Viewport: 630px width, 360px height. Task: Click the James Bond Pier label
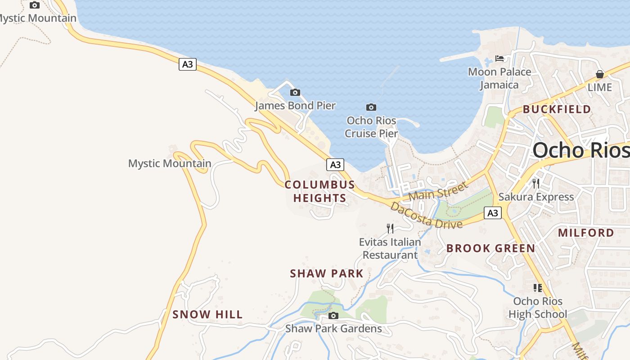tap(295, 106)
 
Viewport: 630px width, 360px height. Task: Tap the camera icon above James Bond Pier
tap(295, 93)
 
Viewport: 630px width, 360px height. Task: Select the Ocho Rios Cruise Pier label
tap(372, 127)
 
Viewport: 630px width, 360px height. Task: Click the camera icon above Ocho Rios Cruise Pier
tap(371, 107)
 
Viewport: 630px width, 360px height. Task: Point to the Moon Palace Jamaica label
tap(499, 78)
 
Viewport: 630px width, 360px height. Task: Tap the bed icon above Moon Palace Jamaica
tap(499, 58)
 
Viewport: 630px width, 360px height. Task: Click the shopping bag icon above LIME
tap(600, 74)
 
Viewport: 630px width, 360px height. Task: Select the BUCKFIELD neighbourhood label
tap(557, 109)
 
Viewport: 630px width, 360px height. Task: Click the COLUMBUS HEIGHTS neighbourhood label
tap(320, 191)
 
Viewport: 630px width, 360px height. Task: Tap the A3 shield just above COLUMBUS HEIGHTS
tap(335, 165)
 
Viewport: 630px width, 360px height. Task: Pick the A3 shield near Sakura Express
tap(493, 213)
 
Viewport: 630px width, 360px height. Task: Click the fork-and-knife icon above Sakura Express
tap(536, 184)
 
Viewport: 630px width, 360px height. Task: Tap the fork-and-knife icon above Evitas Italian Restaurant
tap(390, 229)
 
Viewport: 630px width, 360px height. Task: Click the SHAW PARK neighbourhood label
tap(327, 274)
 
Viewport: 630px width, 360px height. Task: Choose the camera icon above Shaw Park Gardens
tap(333, 315)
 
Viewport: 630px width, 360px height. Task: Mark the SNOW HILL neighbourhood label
tap(207, 315)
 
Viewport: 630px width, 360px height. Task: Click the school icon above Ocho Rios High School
tap(537, 288)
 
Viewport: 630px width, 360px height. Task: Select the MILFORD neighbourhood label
tap(586, 233)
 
